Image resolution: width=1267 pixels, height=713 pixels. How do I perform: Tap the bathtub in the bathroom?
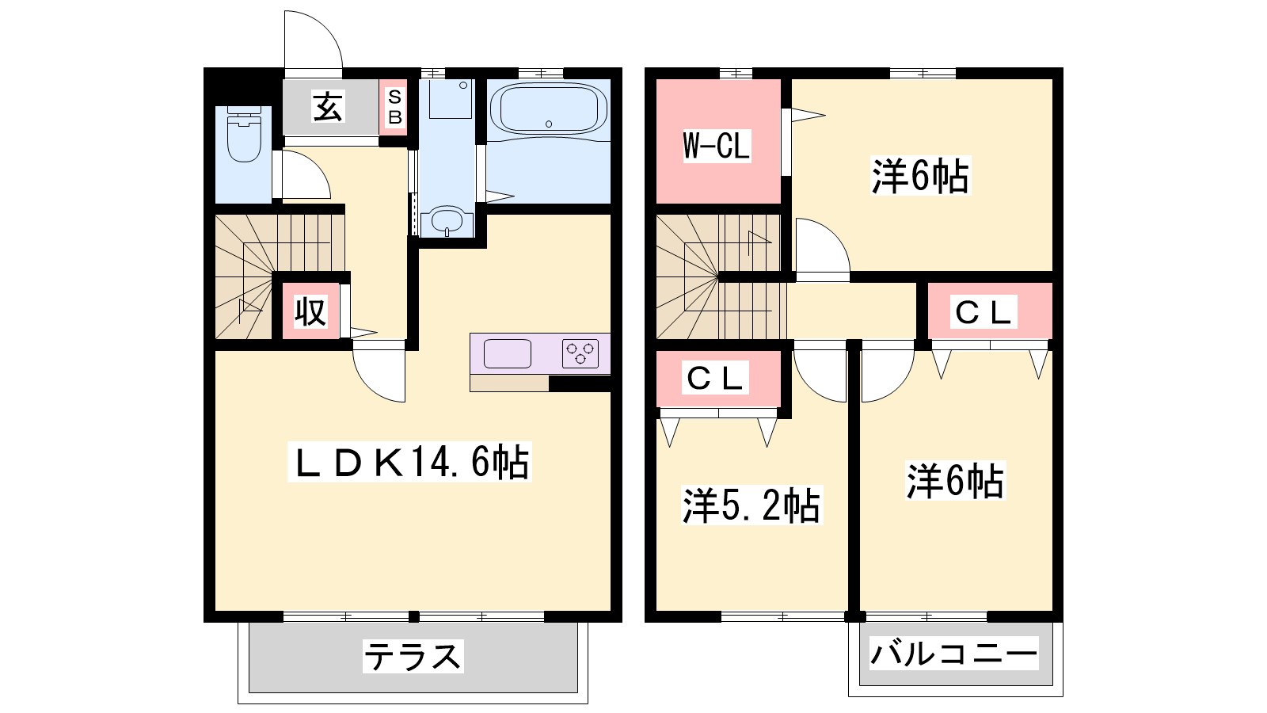(548, 108)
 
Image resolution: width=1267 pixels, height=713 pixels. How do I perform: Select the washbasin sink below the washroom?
(451, 221)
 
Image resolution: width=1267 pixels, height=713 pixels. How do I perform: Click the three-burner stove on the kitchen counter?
(580, 353)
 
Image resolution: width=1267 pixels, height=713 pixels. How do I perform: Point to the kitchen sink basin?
(508, 353)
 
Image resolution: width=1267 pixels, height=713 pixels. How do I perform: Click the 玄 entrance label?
(328, 107)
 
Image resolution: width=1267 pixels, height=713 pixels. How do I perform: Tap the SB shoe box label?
(395, 107)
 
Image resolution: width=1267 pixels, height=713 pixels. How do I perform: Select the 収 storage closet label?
(310, 312)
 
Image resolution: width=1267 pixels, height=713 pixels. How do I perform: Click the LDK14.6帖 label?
(410, 463)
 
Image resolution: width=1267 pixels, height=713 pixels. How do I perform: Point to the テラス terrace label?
(413, 657)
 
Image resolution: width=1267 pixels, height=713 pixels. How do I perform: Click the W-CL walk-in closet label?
(717, 146)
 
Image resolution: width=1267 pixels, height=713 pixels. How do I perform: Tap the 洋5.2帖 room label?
(751, 505)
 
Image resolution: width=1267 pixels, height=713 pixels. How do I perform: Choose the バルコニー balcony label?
(953, 654)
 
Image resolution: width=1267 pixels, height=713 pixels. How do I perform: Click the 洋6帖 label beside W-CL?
(920, 176)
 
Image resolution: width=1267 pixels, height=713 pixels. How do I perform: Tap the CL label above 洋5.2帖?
(715, 377)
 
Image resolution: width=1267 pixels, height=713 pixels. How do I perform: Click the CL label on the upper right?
(984, 312)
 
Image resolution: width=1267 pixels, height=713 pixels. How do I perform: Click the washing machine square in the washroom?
(451, 99)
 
